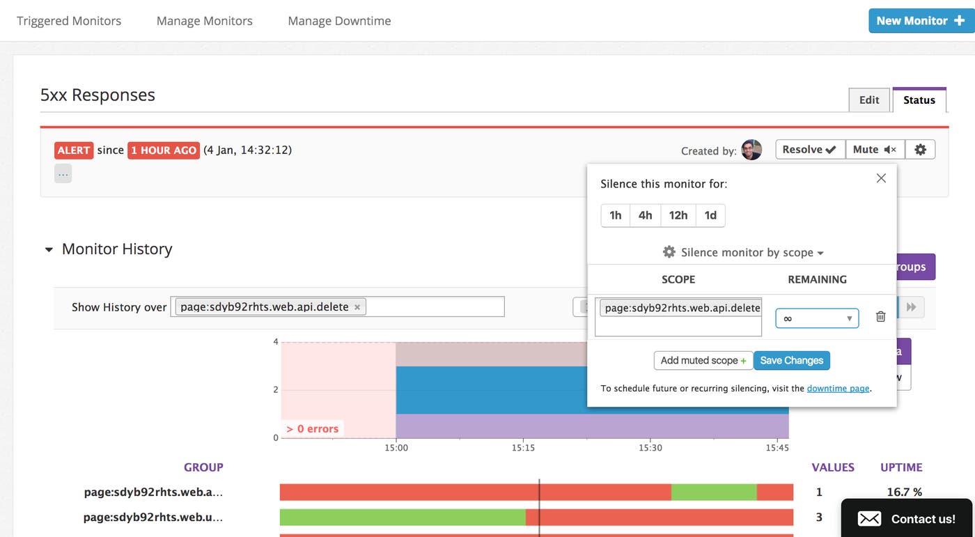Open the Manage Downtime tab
pyautogui.click(x=339, y=21)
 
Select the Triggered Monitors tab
pyautogui.click(x=69, y=21)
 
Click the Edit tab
pyautogui.click(x=869, y=100)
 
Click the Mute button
pyautogui.click(x=875, y=149)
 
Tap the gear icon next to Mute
pyautogui.click(x=920, y=149)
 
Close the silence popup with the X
pyautogui.click(x=881, y=178)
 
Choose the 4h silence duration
pyautogui.click(x=646, y=215)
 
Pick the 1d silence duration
pyautogui.click(x=710, y=215)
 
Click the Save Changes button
pyautogui.click(x=791, y=360)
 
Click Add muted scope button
pyautogui.click(x=703, y=360)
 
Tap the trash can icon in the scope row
pyautogui.click(x=880, y=317)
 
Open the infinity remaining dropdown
pyautogui.click(x=817, y=318)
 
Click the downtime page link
pyautogui.click(x=838, y=389)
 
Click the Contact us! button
pyautogui.click(x=907, y=518)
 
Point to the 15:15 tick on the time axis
pyautogui.click(x=523, y=448)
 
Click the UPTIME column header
pyautogui.click(x=901, y=467)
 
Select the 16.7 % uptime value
pyautogui.click(x=904, y=492)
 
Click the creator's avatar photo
pyautogui.click(x=751, y=150)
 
